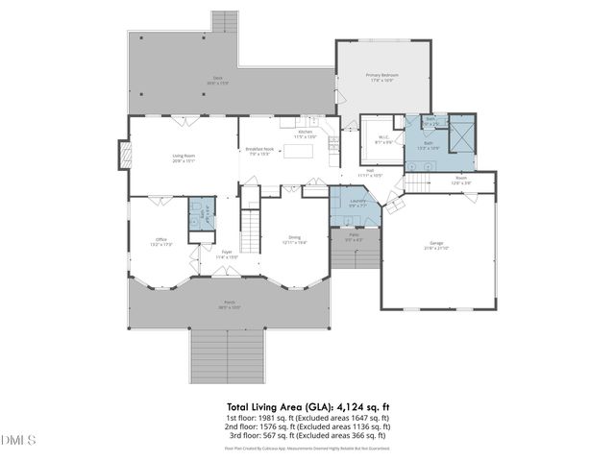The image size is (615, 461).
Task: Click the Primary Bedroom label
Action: (x=381, y=76)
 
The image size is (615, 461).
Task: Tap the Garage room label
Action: (x=438, y=245)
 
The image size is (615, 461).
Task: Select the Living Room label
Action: (x=184, y=158)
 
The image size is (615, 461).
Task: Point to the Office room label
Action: (x=161, y=242)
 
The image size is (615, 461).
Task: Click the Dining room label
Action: (x=295, y=239)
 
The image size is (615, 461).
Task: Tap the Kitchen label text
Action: (x=305, y=133)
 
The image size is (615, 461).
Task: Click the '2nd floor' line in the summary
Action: (x=307, y=429)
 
